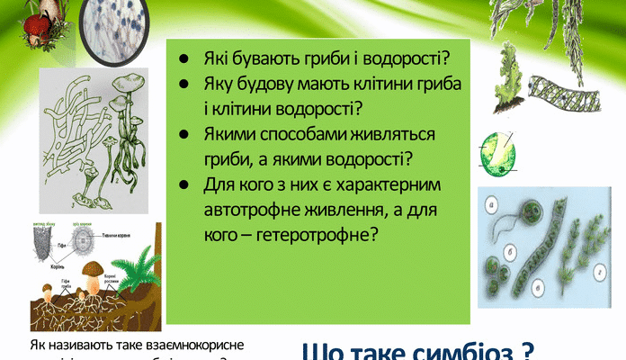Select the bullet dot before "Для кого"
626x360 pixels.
click(183, 184)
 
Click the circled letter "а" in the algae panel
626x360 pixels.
click(489, 204)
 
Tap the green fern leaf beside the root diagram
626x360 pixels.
click(144, 261)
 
